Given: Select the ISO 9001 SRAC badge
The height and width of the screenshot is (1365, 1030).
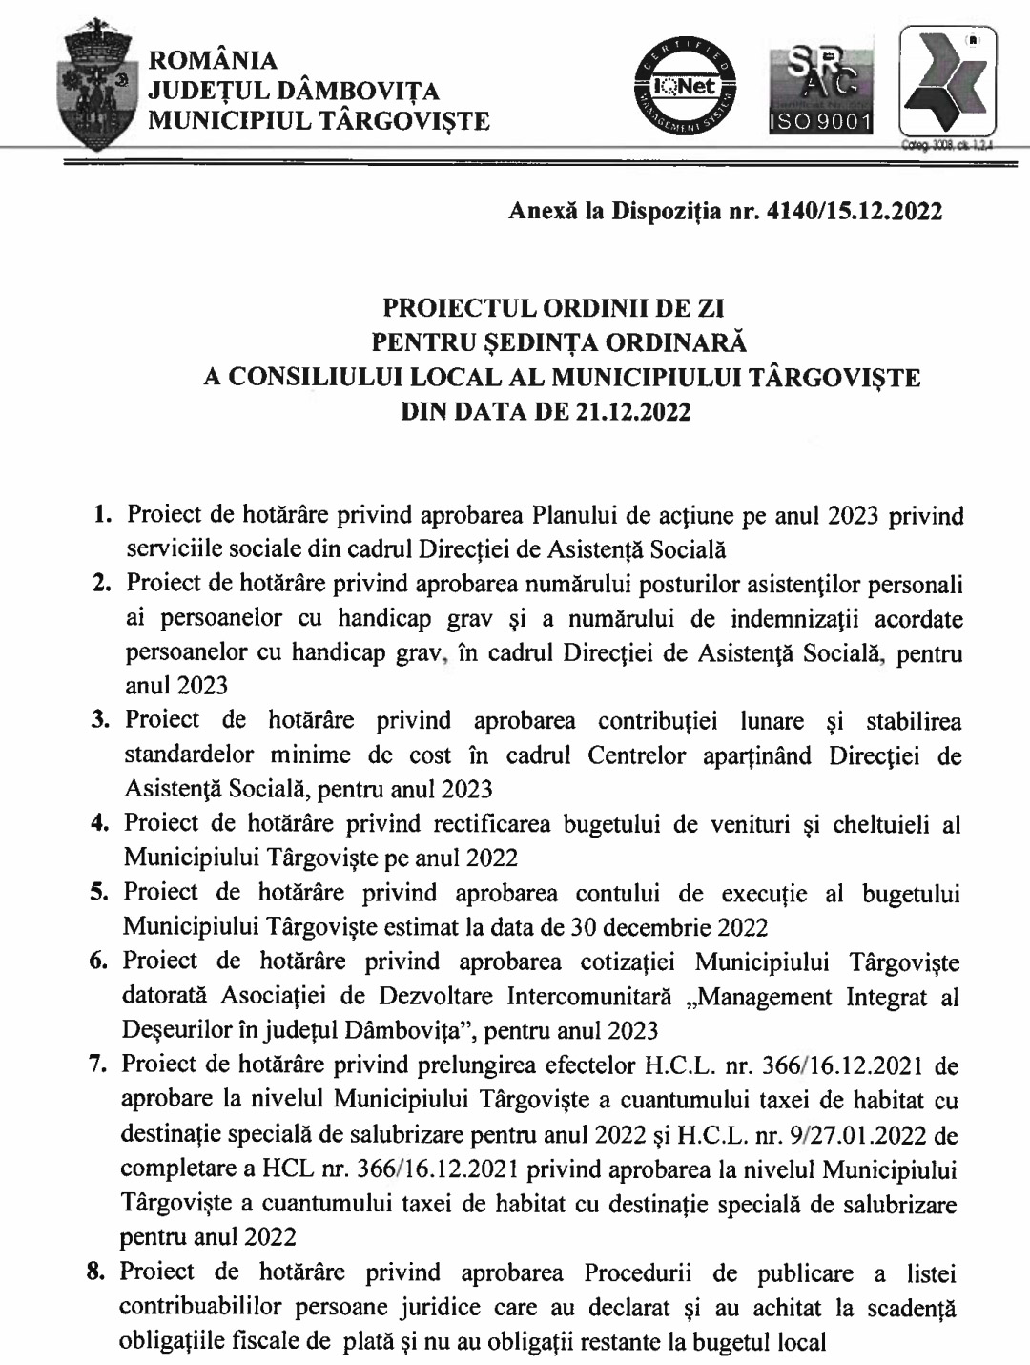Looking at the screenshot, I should (x=821, y=92).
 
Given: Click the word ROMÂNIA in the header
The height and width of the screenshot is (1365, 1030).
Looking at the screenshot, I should (x=221, y=61).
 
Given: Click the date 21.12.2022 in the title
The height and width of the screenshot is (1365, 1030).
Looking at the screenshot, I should (x=633, y=414).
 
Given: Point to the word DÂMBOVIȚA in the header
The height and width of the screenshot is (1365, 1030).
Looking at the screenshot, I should (x=363, y=92).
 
